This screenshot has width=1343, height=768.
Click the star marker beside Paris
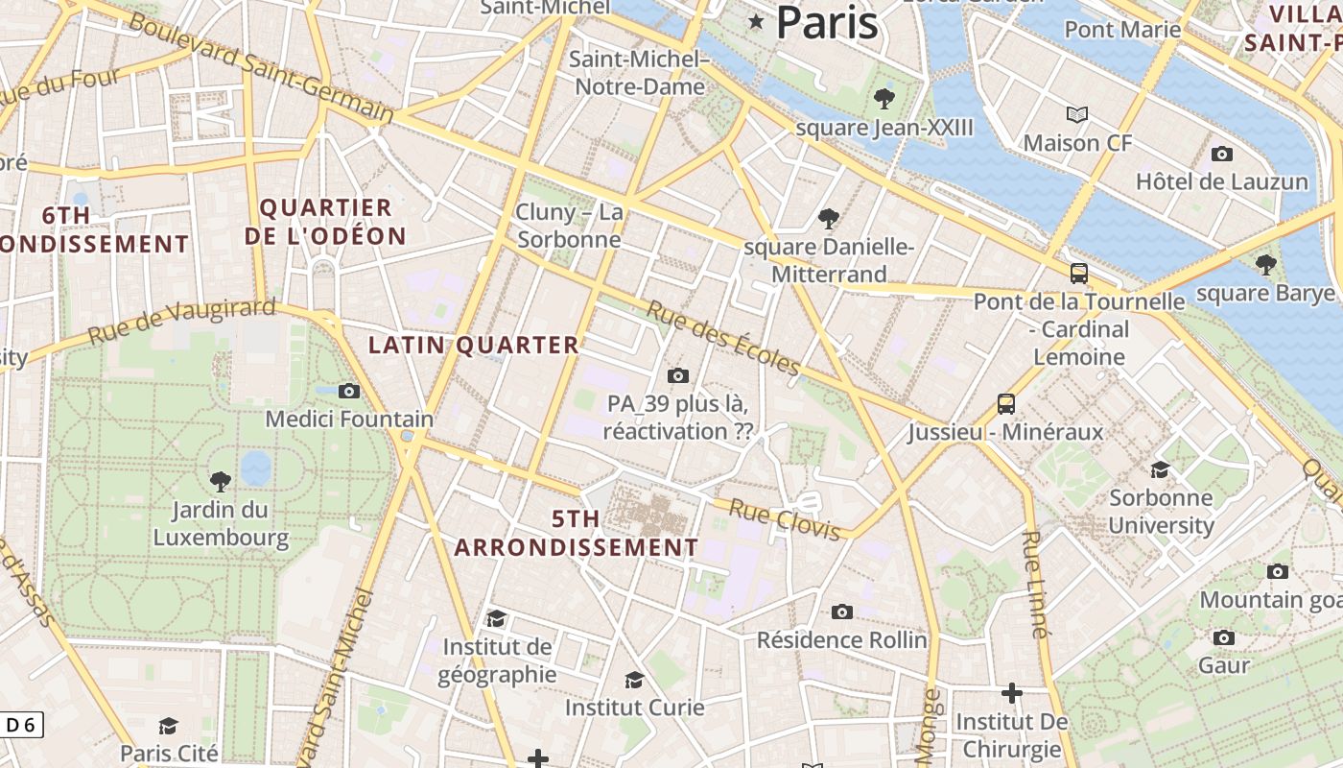(756, 21)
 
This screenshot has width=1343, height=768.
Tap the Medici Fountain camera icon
(349, 391)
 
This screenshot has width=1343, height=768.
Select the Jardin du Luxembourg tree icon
(221, 481)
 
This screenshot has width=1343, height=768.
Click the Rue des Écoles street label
(722, 339)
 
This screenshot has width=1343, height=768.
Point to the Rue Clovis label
(785, 518)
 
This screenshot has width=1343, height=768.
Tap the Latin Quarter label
(474, 345)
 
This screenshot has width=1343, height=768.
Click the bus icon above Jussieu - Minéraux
(1005, 404)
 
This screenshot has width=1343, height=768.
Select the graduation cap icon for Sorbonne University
(1161, 469)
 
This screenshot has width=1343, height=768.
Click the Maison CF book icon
(1077, 115)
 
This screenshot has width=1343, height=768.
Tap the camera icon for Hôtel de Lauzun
(1221, 154)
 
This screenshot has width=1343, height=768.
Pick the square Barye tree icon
(1265, 264)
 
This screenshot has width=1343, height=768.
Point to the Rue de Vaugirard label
(181, 321)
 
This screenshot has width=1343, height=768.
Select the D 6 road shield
(20, 725)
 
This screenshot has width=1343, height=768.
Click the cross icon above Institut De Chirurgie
(1011, 692)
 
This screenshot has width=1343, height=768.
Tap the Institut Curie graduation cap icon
(634, 680)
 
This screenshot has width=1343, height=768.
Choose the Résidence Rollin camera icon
(841, 612)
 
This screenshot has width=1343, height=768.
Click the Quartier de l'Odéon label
(325, 222)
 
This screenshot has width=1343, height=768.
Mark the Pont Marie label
(1122, 29)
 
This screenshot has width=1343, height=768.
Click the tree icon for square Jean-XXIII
(884, 98)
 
